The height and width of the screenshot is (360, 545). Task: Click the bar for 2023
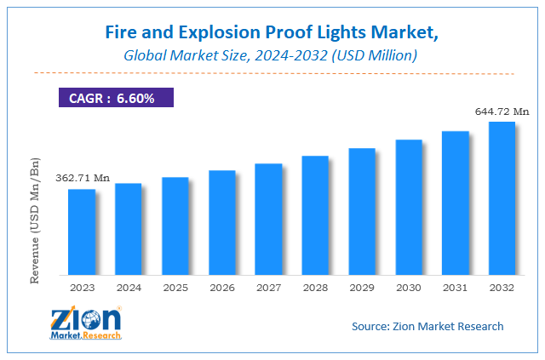click(x=82, y=231)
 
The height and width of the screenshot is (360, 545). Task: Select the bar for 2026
click(x=222, y=222)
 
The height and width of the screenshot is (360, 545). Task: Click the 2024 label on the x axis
click(x=129, y=287)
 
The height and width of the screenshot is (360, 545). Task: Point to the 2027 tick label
click(x=268, y=287)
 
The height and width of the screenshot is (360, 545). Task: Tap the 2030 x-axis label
click(x=409, y=287)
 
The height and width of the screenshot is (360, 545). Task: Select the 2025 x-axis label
click(x=175, y=287)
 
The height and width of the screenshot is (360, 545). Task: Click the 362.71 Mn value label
click(x=83, y=178)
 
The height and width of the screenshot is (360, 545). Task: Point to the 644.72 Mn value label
click(x=502, y=111)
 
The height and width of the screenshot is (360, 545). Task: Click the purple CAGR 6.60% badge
click(x=115, y=98)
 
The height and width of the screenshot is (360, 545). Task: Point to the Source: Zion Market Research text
click(x=427, y=326)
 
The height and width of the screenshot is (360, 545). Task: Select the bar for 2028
click(x=315, y=215)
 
